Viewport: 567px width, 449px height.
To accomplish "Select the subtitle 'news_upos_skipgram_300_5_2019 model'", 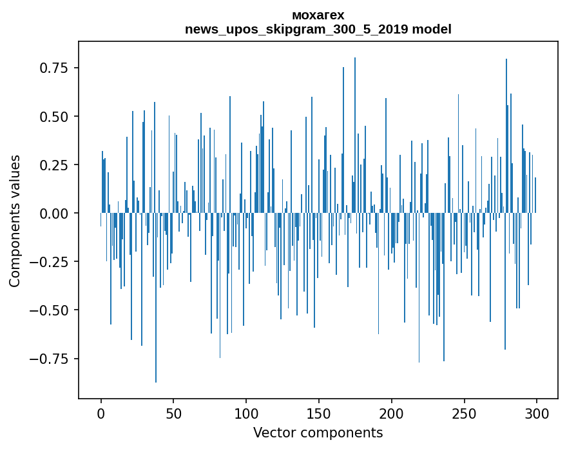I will click(318, 29).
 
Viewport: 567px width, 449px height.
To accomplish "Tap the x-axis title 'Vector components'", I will click(318, 433).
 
